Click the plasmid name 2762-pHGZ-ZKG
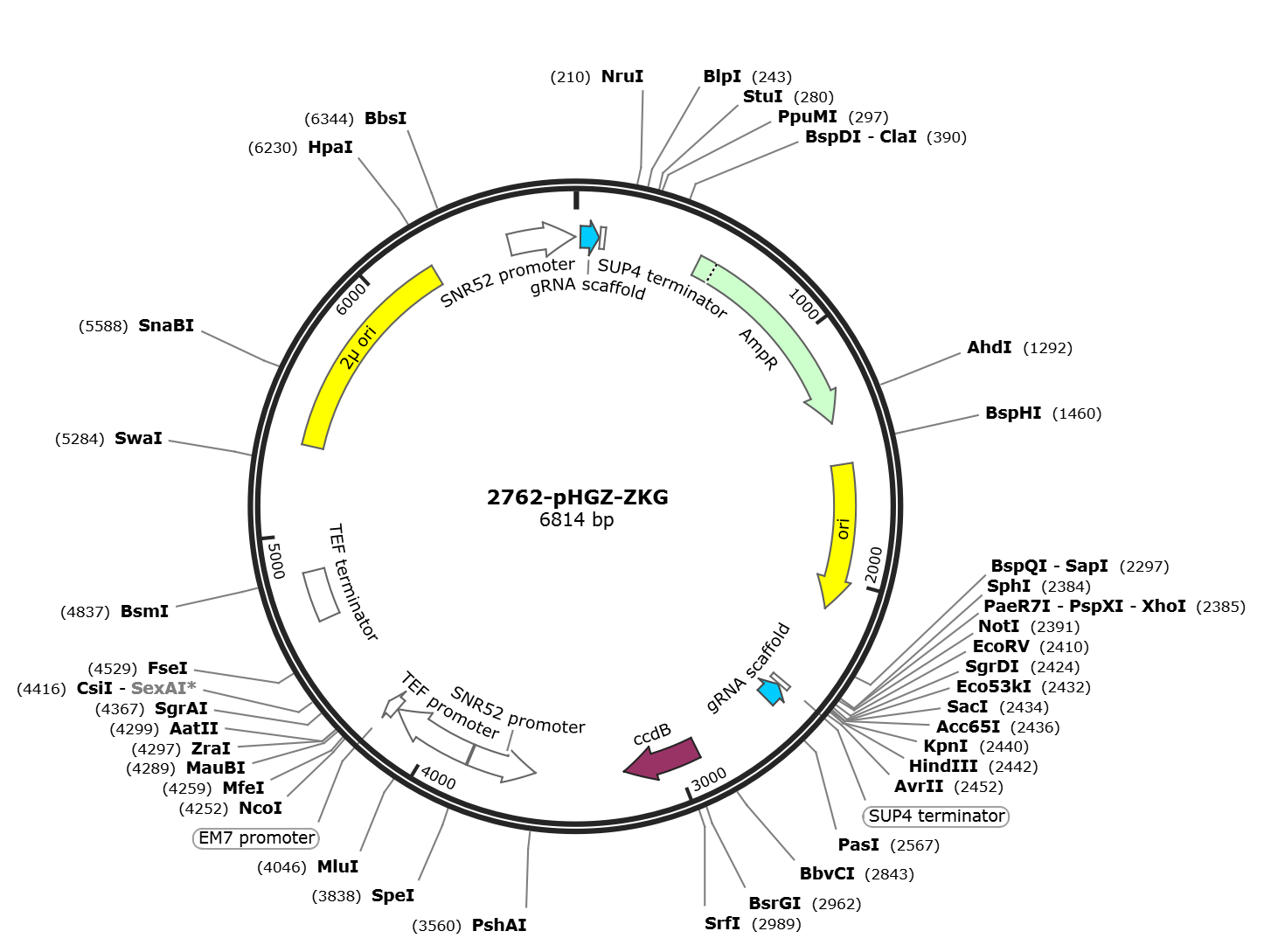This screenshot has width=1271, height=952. (x=577, y=497)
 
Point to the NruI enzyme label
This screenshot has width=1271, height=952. (x=622, y=76)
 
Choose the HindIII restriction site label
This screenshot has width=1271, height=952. (x=942, y=766)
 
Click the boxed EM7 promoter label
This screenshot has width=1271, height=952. (x=256, y=838)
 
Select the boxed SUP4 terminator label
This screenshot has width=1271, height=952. (x=935, y=816)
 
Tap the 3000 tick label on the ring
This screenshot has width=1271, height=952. (x=709, y=780)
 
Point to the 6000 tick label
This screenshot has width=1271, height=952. (x=351, y=299)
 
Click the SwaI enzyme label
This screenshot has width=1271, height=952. (x=138, y=438)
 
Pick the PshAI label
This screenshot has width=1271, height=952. (x=499, y=925)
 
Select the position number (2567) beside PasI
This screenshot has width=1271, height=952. (x=915, y=845)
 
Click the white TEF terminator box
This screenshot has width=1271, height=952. (x=321, y=594)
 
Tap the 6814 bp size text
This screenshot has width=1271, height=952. (x=577, y=519)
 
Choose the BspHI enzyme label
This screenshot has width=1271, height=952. (x=1013, y=413)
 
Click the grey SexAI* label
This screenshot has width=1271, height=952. (x=163, y=688)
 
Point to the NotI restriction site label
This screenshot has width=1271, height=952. (x=999, y=626)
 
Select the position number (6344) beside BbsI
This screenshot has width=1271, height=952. (x=329, y=119)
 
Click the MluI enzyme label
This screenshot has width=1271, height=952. (x=337, y=866)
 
